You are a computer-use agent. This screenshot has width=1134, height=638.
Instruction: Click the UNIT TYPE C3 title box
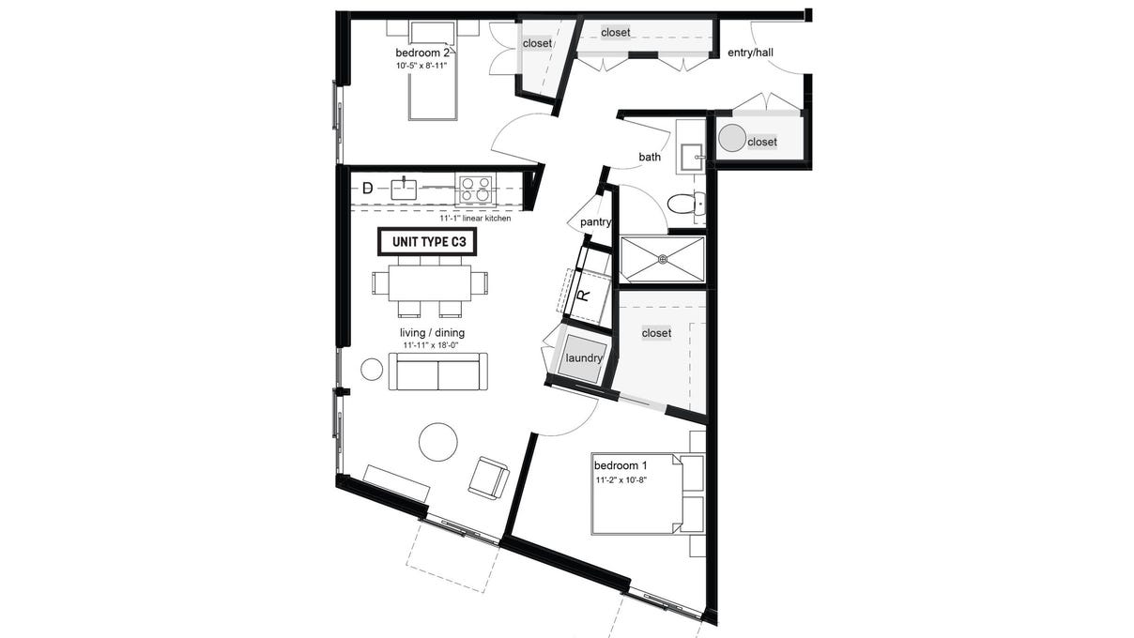[x=427, y=242]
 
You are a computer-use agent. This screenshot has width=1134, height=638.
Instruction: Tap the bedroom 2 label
[x=422, y=53]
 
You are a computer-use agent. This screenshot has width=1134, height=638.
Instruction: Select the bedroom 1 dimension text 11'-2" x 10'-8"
[x=621, y=480]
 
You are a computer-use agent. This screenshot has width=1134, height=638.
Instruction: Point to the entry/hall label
[x=750, y=53]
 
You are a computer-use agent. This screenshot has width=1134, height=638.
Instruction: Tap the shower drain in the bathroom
[x=663, y=260]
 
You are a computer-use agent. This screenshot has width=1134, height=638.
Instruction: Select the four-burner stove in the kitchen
[x=475, y=189]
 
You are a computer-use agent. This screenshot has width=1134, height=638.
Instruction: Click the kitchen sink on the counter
[x=404, y=189]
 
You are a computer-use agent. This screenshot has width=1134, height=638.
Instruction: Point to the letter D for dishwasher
[x=368, y=189]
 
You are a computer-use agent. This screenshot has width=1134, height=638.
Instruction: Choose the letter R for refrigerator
[x=584, y=296]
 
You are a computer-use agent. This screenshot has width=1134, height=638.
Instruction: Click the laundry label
[x=584, y=358]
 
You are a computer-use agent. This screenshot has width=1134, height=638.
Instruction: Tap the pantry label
[x=595, y=222]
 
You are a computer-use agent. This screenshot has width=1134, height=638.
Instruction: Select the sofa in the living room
[x=437, y=372]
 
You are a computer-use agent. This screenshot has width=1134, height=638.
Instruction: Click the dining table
[x=430, y=283]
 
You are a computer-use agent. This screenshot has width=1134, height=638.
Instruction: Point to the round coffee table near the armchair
[x=438, y=442]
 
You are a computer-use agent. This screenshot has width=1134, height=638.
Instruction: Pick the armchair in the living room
[x=488, y=477]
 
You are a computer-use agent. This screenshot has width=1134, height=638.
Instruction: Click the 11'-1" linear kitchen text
[x=475, y=219]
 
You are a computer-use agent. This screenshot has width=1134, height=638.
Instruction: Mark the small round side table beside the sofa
[x=372, y=370]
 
